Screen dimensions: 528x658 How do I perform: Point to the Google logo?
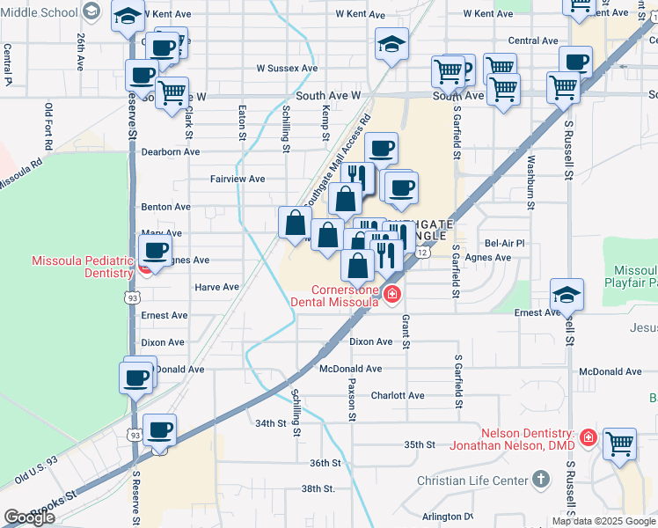coord(29,517)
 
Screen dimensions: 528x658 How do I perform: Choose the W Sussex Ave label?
coord(287,68)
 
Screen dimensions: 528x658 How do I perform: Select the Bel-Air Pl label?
coord(504,243)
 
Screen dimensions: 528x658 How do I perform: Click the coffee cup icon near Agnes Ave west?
coord(156,250)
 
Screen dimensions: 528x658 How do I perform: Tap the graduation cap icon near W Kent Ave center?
coord(391,44)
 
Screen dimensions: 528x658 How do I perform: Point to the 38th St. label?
coord(318,488)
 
